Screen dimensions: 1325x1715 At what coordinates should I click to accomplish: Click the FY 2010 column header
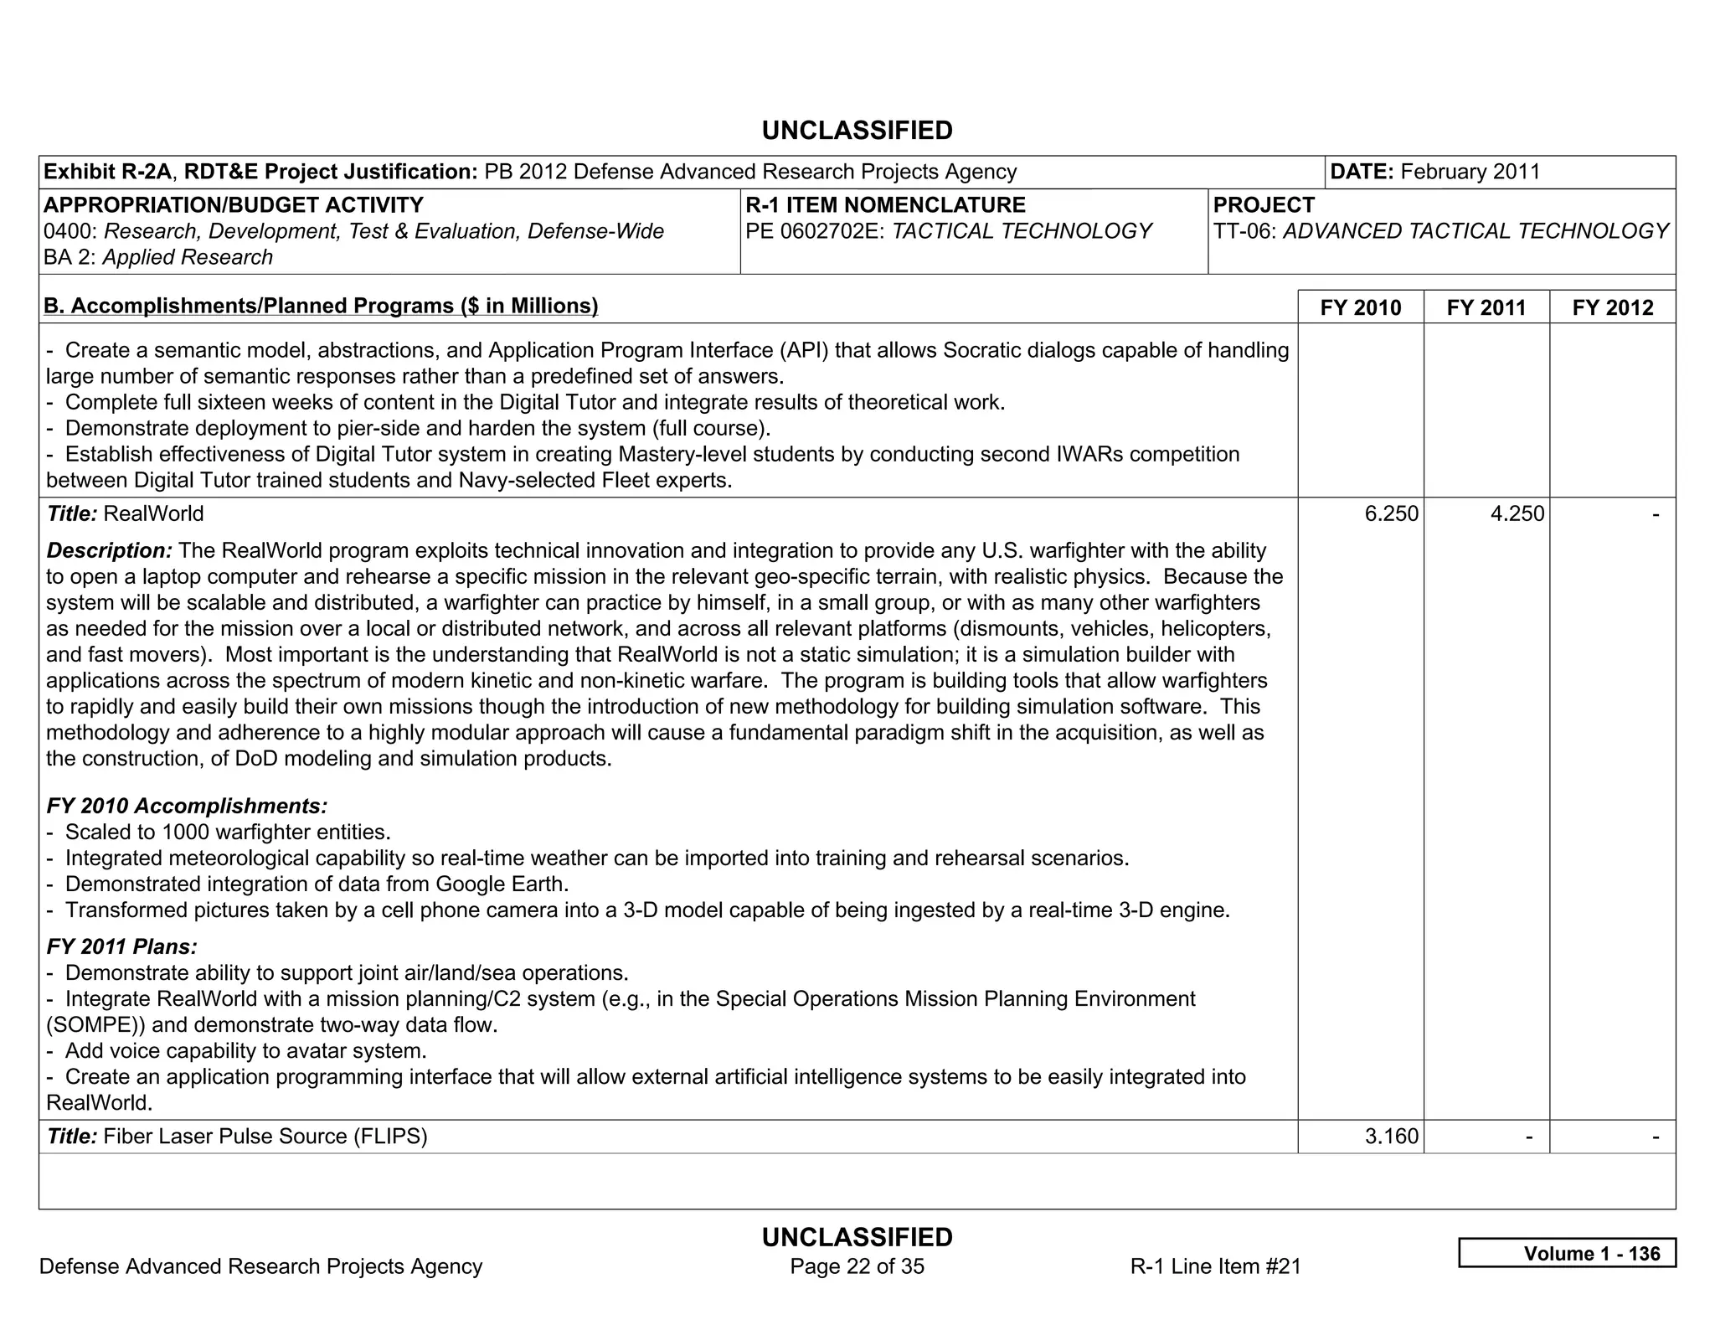click(1360, 307)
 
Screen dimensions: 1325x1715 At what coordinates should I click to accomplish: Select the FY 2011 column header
click(1486, 307)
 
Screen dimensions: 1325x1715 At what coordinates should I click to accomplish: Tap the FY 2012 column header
click(1613, 307)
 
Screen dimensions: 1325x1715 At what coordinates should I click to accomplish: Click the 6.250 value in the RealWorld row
click(1391, 513)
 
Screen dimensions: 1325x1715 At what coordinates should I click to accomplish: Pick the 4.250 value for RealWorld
click(1517, 513)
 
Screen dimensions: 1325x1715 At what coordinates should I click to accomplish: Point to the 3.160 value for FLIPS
click(1391, 1136)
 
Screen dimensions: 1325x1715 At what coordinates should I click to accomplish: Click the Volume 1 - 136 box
click(1567, 1253)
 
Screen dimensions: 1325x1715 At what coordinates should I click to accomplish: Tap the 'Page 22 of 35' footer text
click(857, 1266)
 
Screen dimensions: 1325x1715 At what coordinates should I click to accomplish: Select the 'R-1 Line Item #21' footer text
click(1215, 1266)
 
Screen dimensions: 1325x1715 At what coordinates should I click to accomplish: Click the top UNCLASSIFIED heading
click(857, 131)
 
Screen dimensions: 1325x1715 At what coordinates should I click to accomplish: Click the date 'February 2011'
click(1470, 172)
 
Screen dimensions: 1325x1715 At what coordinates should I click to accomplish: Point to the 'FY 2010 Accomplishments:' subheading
click(187, 806)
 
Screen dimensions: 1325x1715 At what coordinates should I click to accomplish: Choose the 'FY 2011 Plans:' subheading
click(122, 946)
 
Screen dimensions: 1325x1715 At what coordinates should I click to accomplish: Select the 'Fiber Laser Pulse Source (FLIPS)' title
click(265, 1136)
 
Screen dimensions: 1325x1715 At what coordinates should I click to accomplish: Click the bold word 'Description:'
click(110, 550)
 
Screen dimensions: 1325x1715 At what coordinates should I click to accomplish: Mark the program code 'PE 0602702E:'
click(815, 231)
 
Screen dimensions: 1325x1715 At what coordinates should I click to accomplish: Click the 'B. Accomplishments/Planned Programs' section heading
click(321, 306)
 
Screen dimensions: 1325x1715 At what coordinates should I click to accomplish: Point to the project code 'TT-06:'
click(1244, 231)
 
